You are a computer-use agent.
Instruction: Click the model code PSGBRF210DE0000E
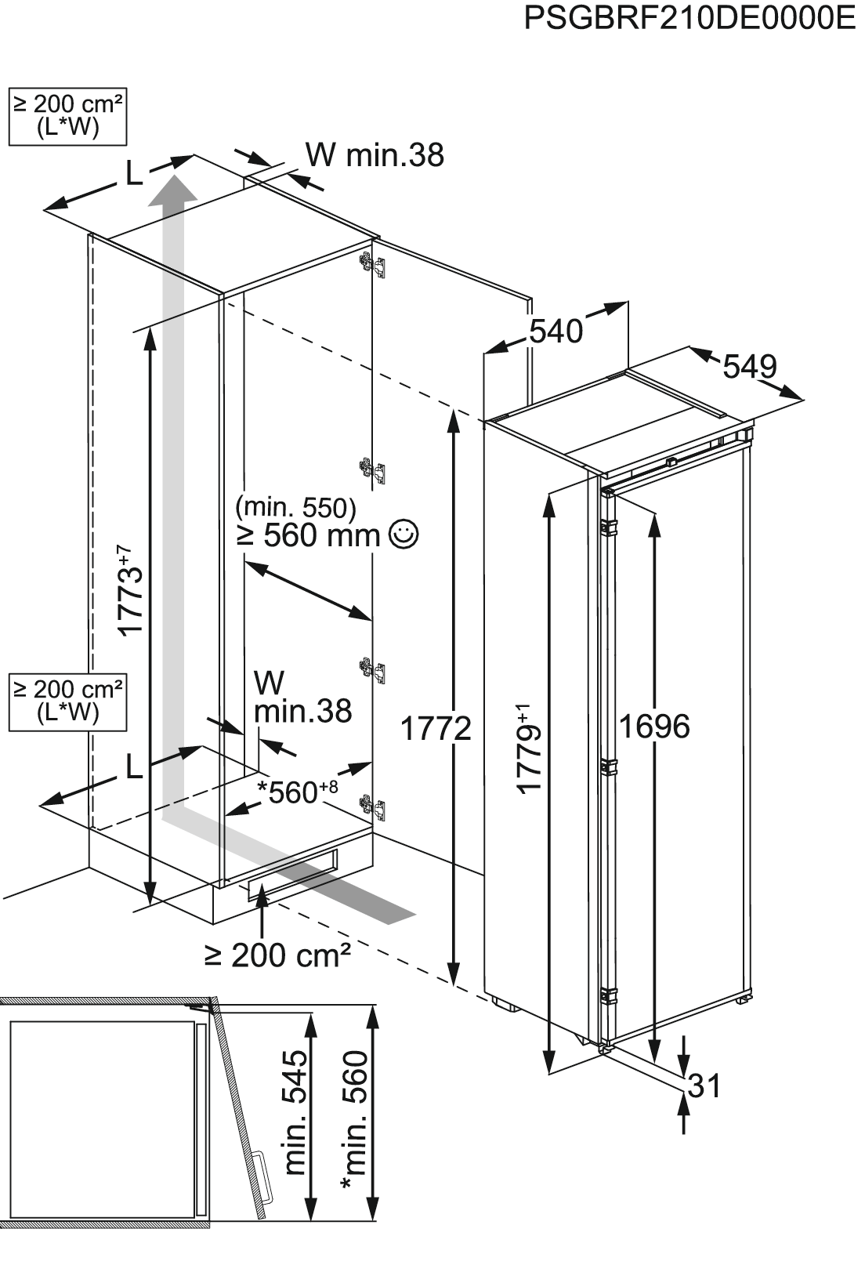point(690,19)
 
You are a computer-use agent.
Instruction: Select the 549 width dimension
point(750,367)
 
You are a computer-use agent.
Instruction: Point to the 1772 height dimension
point(436,728)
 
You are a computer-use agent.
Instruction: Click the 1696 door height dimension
point(654,726)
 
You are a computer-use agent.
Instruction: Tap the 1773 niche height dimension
point(130,590)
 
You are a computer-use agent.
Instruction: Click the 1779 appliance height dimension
point(529,748)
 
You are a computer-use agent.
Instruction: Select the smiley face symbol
point(404,535)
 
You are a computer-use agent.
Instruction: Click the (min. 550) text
point(296,508)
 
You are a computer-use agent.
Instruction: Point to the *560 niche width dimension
point(297,792)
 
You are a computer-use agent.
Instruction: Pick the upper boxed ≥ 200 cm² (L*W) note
point(67,116)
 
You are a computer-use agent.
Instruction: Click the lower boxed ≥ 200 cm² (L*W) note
point(67,702)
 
